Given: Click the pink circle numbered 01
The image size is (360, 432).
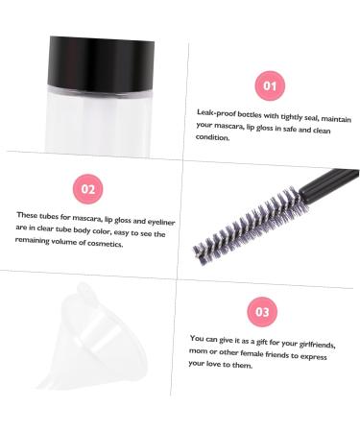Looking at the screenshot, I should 270,86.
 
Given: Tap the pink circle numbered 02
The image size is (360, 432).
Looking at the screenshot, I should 88,188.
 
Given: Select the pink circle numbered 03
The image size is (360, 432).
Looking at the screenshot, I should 262,311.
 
